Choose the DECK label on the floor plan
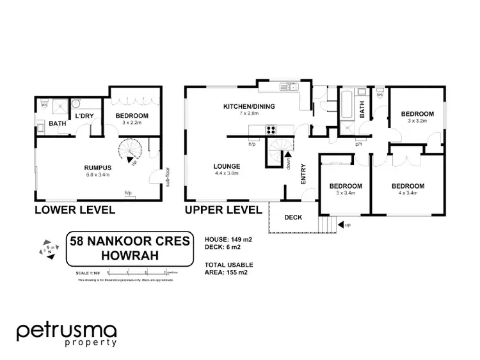[x=293, y=217]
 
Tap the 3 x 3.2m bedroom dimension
[x=420, y=120]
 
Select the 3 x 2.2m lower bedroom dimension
[x=132, y=122]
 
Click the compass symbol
[x=47, y=249]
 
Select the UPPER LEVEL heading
[x=223, y=210]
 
